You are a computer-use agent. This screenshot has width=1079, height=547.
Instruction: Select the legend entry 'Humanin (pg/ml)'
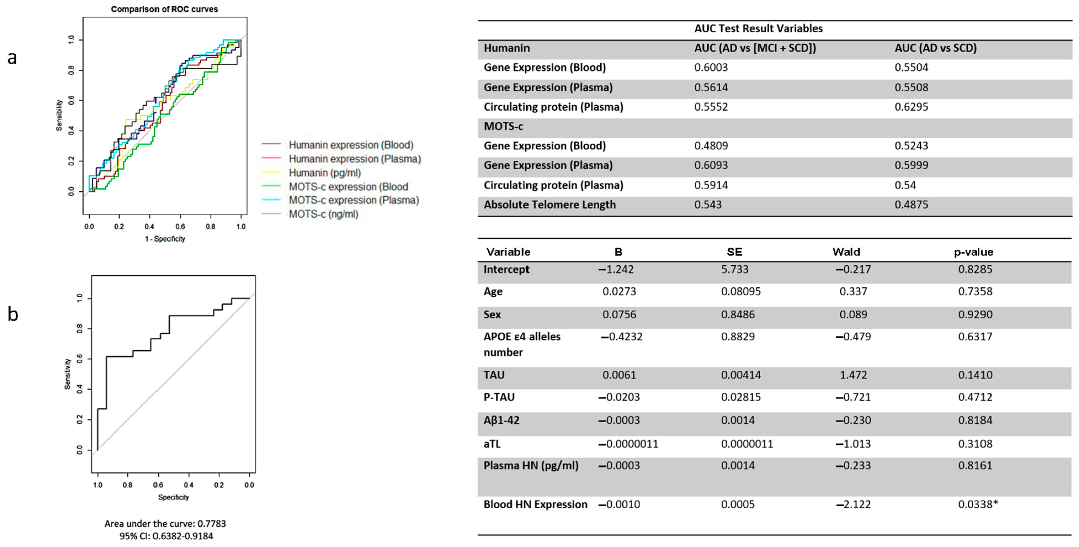click(x=325, y=173)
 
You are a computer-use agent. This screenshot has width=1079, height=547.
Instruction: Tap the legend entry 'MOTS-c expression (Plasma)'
click(x=354, y=200)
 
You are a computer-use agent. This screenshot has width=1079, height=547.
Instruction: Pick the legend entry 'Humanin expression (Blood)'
click(x=351, y=145)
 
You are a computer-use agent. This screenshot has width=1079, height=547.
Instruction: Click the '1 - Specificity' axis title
click(x=165, y=239)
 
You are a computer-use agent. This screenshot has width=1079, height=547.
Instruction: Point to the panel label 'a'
click(x=12, y=58)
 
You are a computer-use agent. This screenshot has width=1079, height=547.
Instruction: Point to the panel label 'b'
click(x=13, y=314)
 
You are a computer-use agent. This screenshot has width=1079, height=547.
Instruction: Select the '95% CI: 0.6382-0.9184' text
click(x=166, y=536)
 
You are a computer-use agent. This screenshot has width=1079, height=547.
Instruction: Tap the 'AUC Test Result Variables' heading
click(x=758, y=28)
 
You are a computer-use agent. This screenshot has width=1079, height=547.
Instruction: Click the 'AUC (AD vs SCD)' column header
click(x=935, y=48)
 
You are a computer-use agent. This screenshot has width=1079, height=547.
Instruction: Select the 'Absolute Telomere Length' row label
click(x=550, y=205)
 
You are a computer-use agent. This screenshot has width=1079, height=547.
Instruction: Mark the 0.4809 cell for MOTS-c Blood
click(x=711, y=146)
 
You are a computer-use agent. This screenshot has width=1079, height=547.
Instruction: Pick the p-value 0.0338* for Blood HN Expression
click(x=978, y=504)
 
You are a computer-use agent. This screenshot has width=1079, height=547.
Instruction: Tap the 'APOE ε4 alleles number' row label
click(x=522, y=344)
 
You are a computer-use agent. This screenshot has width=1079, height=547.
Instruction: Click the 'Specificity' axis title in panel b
click(x=174, y=497)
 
